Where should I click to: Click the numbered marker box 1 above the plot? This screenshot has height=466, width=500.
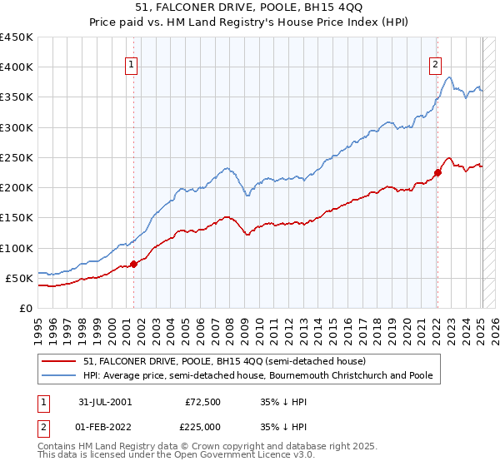(x=132, y=68)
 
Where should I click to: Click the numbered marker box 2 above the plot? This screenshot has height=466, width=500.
(x=436, y=68)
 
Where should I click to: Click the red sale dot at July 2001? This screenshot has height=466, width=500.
(x=134, y=265)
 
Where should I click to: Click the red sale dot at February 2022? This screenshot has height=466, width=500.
(x=437, y=173)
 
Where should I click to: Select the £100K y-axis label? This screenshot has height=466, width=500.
(x=17, y=248)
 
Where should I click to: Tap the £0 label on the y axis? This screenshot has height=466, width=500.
(x=27, y=308)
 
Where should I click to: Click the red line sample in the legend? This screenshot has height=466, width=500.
(x=58, y=361)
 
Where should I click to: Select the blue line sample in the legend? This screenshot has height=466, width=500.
(x=58, y=376)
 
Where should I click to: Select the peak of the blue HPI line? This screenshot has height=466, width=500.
(x=449, y=77)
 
